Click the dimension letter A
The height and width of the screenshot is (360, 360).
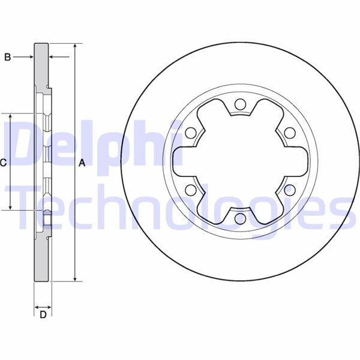coord(82,163)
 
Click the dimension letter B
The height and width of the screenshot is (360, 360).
coord(8,57)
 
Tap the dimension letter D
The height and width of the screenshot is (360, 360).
coord(43,314)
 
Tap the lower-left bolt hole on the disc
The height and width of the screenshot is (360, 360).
coord(190,191)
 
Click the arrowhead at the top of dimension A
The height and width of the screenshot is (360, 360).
coord(75,46)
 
